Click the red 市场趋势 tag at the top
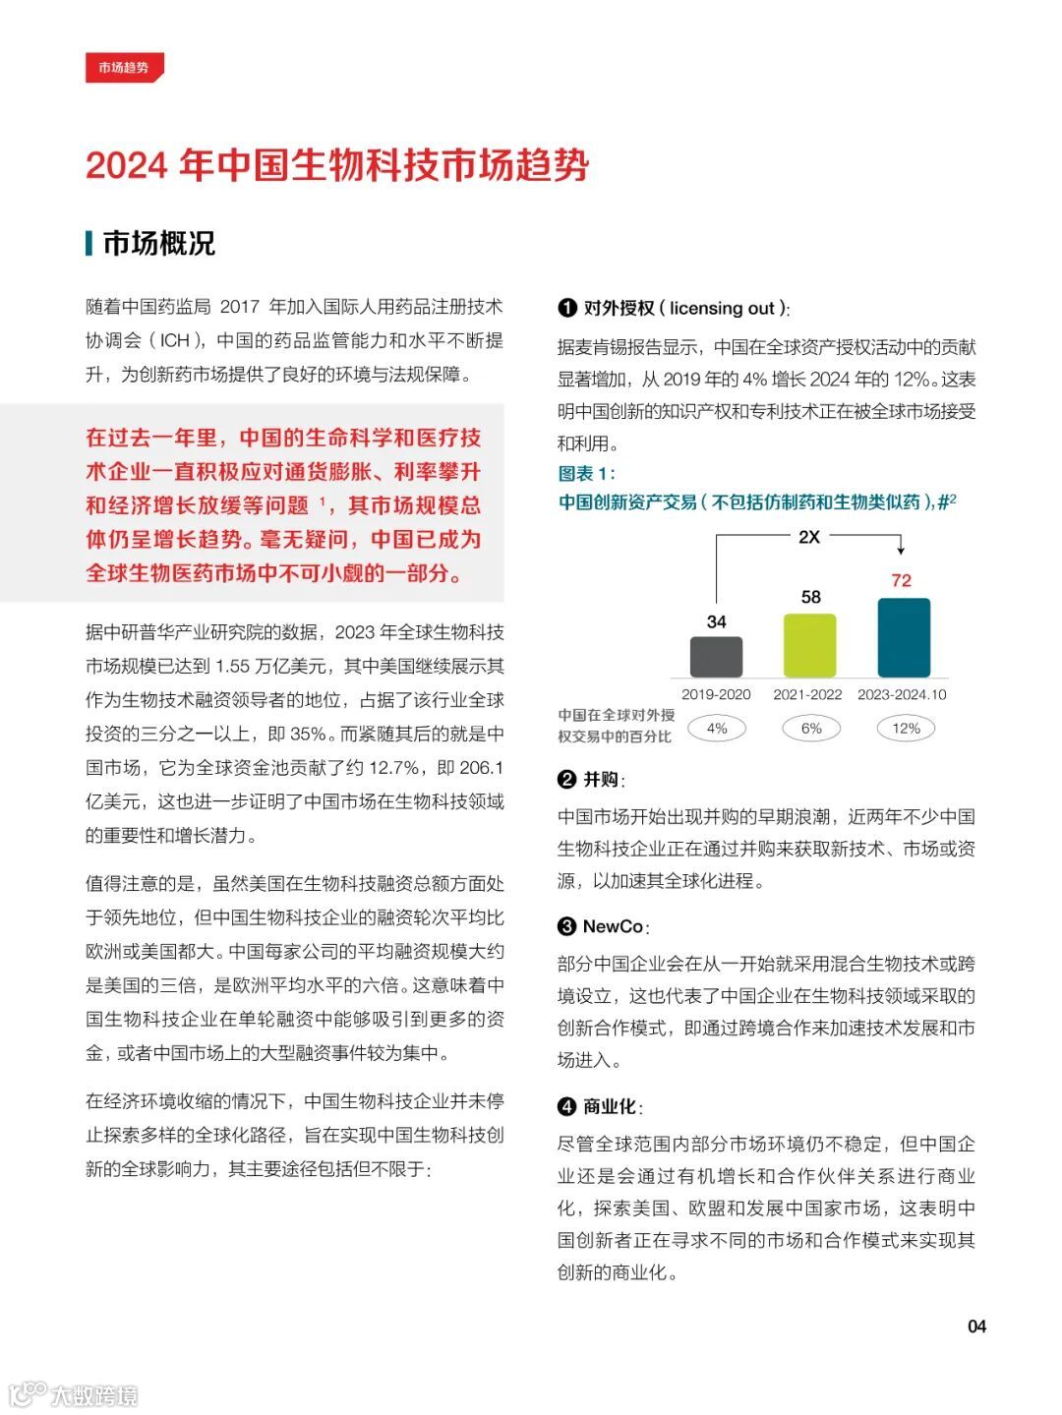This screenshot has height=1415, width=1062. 124,68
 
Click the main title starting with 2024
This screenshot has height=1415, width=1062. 336,165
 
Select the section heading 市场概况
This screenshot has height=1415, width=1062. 158,243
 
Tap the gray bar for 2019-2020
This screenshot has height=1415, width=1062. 716,657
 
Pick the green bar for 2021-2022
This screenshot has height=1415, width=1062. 809,645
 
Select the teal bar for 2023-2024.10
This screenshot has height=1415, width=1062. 903,637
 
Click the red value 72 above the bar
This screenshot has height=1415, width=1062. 902,580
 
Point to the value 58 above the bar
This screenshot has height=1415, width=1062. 810,597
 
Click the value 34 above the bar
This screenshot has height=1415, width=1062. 716,621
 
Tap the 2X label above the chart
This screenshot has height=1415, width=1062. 808,537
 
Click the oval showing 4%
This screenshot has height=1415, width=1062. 717,729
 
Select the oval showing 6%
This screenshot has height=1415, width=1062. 811,729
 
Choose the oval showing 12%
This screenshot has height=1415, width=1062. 906,729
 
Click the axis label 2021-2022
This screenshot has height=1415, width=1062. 807,694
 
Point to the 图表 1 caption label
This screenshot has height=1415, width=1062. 586,474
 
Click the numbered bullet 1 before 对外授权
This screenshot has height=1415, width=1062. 567,308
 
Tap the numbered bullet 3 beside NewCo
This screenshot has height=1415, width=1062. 567,926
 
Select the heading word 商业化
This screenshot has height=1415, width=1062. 610,1106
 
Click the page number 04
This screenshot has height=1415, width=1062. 976,1327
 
